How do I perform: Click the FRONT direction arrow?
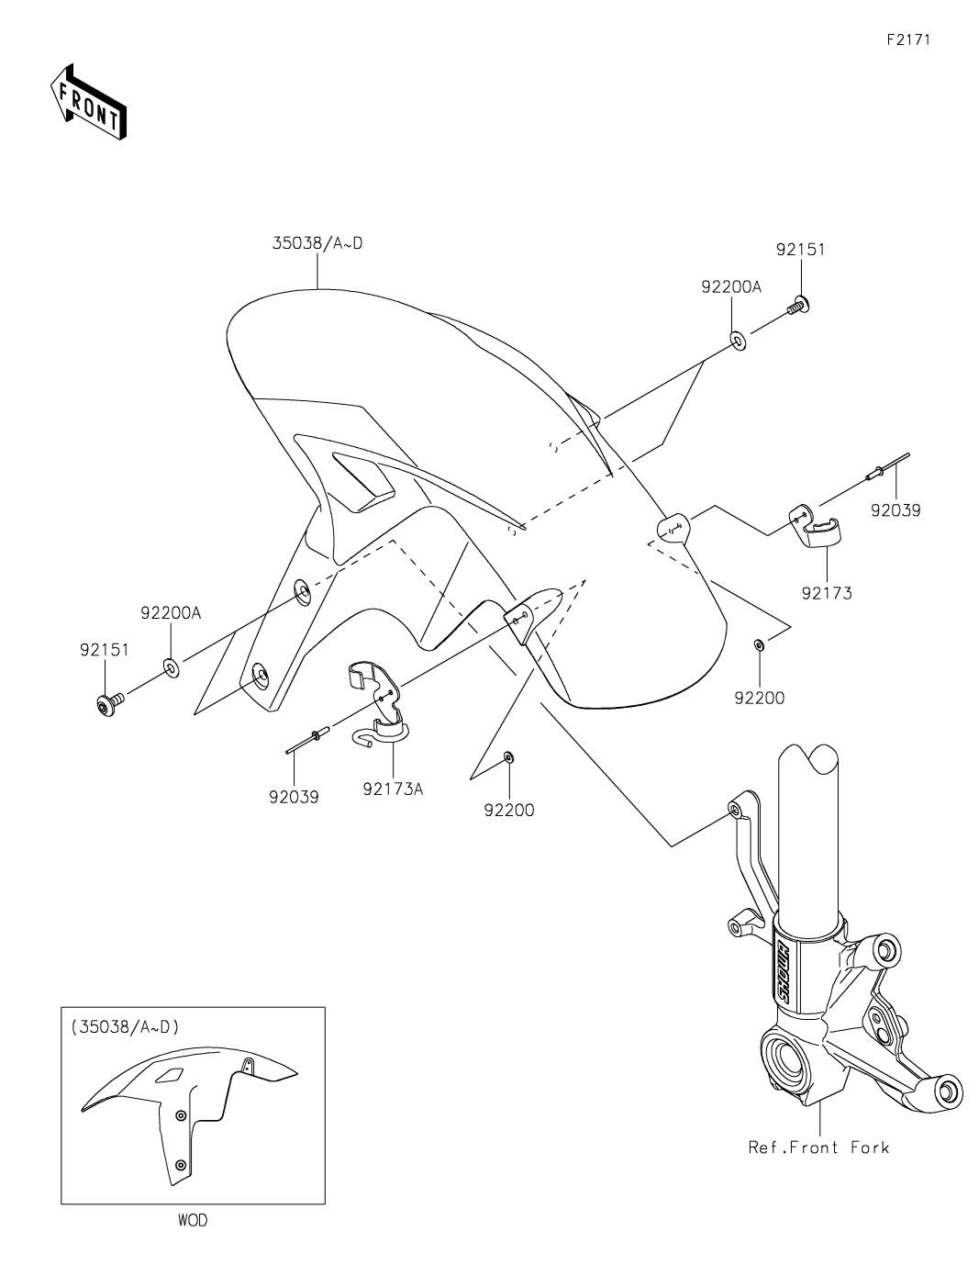(x=87, y=102)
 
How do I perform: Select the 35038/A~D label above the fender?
(x=317, y=244)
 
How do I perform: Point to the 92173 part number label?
(x=826, y=593)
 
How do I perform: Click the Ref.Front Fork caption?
(x=818, y=1147)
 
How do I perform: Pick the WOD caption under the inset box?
(x=193, y=1221)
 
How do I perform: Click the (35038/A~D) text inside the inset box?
(x=125, y=1027)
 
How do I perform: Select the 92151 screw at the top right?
(x=797, y=307)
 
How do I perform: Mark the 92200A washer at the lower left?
(x=172, y=665)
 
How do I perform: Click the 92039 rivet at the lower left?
(x=309, y=739)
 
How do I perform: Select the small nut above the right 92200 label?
(x=760, y=644)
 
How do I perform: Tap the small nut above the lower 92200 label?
(x=510, y=757)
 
